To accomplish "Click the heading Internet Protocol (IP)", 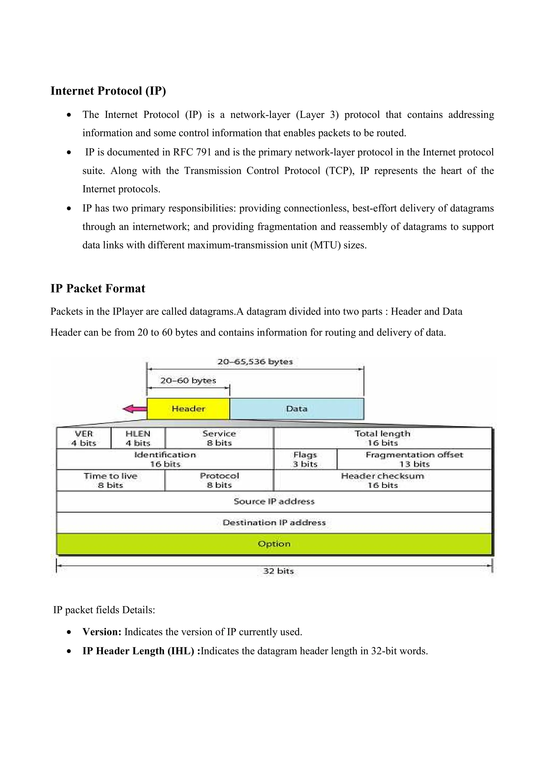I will [x=108, y=91].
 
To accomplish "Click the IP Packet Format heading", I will [x=97, y=288].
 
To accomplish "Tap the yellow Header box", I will [x=188, y=409].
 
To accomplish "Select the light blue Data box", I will [x=297, y=409].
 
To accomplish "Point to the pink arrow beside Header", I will [x=134, y=409].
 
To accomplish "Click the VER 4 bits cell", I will [x=83, y=438].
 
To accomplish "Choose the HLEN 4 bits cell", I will [x=138, y=438].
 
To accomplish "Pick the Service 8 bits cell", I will [x=219, y=438].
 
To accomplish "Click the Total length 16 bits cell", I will [x=382, y=438].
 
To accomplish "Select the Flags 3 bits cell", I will [x=305, y=459].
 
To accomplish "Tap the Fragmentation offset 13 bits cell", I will [x=414, y=459].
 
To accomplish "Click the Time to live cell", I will [x=110, y=481].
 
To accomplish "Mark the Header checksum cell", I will [x=382, y=481].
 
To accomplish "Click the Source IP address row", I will [x=274, y=502].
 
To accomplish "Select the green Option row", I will [x=274, y=544].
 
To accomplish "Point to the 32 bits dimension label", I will [x=278, y=571].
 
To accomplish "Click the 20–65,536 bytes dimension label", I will [x=255, y=362].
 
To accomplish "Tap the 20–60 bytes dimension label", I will [x=188, y=381].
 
